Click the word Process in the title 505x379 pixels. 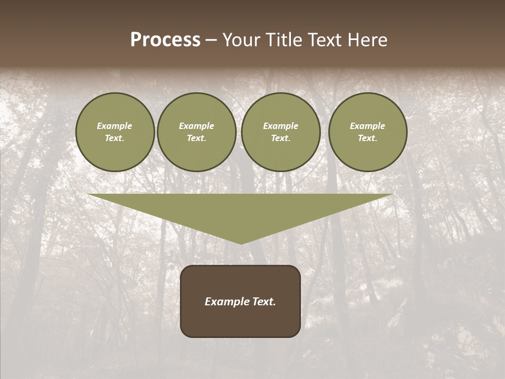click(165, 40)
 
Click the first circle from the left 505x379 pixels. click(115, 132)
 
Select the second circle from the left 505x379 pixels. click(197, 132)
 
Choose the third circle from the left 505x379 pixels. click(281, 132)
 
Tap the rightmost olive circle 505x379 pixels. click(368, 132)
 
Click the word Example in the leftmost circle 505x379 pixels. click(115, 126)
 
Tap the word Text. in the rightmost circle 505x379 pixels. click(368, 138)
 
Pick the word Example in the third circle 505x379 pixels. click(280, 126)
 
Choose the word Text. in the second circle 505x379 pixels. click(197, 138)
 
